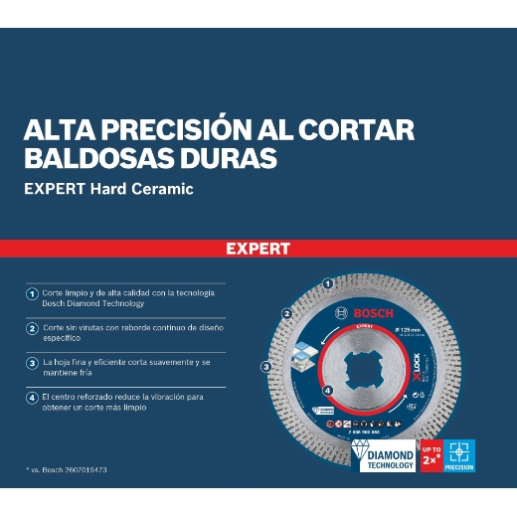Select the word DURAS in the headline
pos(226,158)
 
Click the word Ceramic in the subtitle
pos(163,189)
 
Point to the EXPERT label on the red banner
pos(258,249)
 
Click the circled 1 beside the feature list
pos(33,295)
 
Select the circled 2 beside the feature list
pos(33,327)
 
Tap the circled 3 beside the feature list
pos(33,363)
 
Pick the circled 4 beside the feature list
pos(33,398)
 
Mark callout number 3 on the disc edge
pos(265,367)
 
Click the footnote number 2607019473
pos(83,467)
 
